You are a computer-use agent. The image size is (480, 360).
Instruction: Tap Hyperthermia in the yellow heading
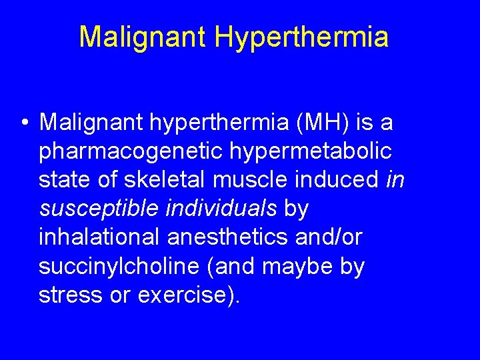[301, 37]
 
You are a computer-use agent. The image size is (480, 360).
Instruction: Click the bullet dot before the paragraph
[23, 123]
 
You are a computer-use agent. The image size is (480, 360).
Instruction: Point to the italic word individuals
[219, 209]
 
